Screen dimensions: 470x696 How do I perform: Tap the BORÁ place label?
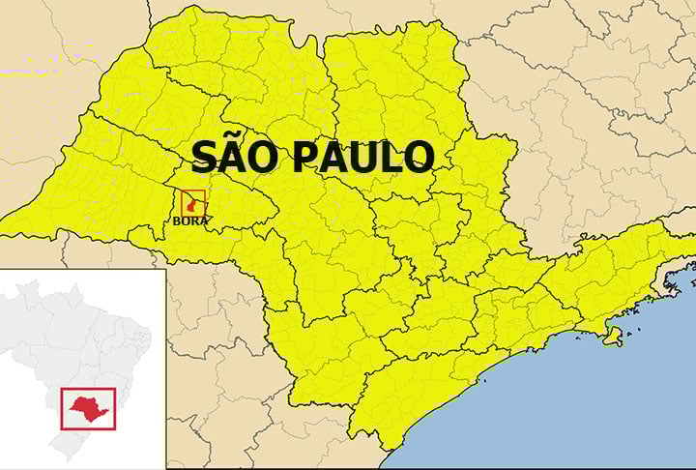pos(190,220)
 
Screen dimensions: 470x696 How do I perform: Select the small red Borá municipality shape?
pos(192,204)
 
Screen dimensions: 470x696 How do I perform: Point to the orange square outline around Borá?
pos(182,202)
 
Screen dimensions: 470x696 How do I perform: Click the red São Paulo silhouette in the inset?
pos(88,406)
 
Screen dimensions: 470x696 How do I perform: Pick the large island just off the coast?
pos(612,336)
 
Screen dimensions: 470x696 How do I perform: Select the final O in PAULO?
pos(420,158)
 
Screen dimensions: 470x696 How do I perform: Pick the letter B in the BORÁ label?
pos(177,220)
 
